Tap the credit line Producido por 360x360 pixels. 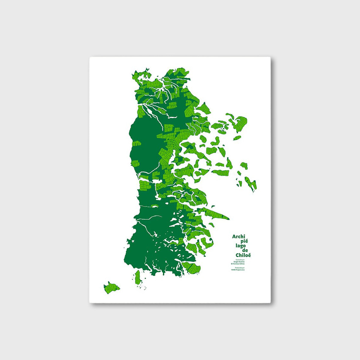coord(240,267)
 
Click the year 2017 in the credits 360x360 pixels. coord(243,270)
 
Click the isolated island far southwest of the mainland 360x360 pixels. coord(111,288)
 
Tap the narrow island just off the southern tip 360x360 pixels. coord(138,277)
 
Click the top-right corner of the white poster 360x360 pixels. coord(270,58)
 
